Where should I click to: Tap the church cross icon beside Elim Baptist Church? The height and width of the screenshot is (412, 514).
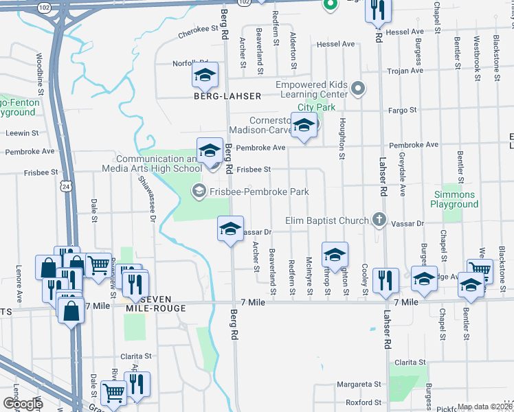pyautogui.click(x=378, y=220)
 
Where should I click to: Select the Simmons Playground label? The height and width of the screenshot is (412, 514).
pyautogui.click(x=454, y=199)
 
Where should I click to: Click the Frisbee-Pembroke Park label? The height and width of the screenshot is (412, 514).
pyautogui.click(x=259, y=192)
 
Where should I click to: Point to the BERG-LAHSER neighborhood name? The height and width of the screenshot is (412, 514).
pyautogui.click(x=227, y=96)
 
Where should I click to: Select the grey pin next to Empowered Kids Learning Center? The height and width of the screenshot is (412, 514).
pyautogui.click(x=357, y=89)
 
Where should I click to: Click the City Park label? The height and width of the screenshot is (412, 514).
pyautogui.click(x=316, y=108)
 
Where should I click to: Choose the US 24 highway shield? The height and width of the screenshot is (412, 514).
pyautogui.click(x=65, y=185)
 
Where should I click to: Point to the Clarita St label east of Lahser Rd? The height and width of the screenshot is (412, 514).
pyautogui.click(x=410, y=362)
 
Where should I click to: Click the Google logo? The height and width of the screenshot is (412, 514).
pyautogui.click(x=23, y=403)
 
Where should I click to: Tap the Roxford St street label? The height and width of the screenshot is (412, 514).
pyautogui.click(x=364, y=402)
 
